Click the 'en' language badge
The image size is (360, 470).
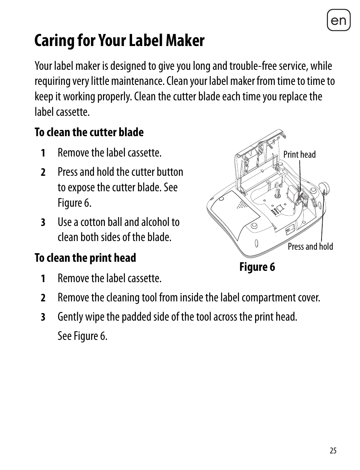click(338, 20)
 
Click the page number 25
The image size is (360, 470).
click(332, 450)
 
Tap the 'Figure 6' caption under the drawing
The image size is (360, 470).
click(257, 267)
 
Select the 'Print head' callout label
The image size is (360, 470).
click(299, 154)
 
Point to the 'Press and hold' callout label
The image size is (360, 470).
click(310, 247)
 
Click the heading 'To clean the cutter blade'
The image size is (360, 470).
click(89, 132)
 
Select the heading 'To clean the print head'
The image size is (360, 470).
click(85, 258)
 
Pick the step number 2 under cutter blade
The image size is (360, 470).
click(43, 173)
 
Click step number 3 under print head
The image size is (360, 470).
click(43, 317)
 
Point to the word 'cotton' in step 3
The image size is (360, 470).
click(93, 222)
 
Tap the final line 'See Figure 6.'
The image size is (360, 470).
click(82, 336)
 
